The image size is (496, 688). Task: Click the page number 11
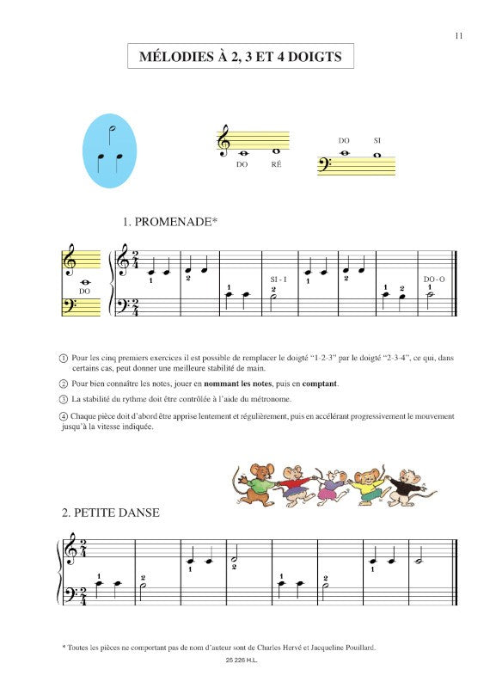[459, 35]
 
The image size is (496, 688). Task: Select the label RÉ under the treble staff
[276, 163]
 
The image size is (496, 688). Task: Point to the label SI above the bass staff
[377, 140]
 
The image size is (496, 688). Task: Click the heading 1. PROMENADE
[170, 222]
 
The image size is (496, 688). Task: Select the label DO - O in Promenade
[434, 279]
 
